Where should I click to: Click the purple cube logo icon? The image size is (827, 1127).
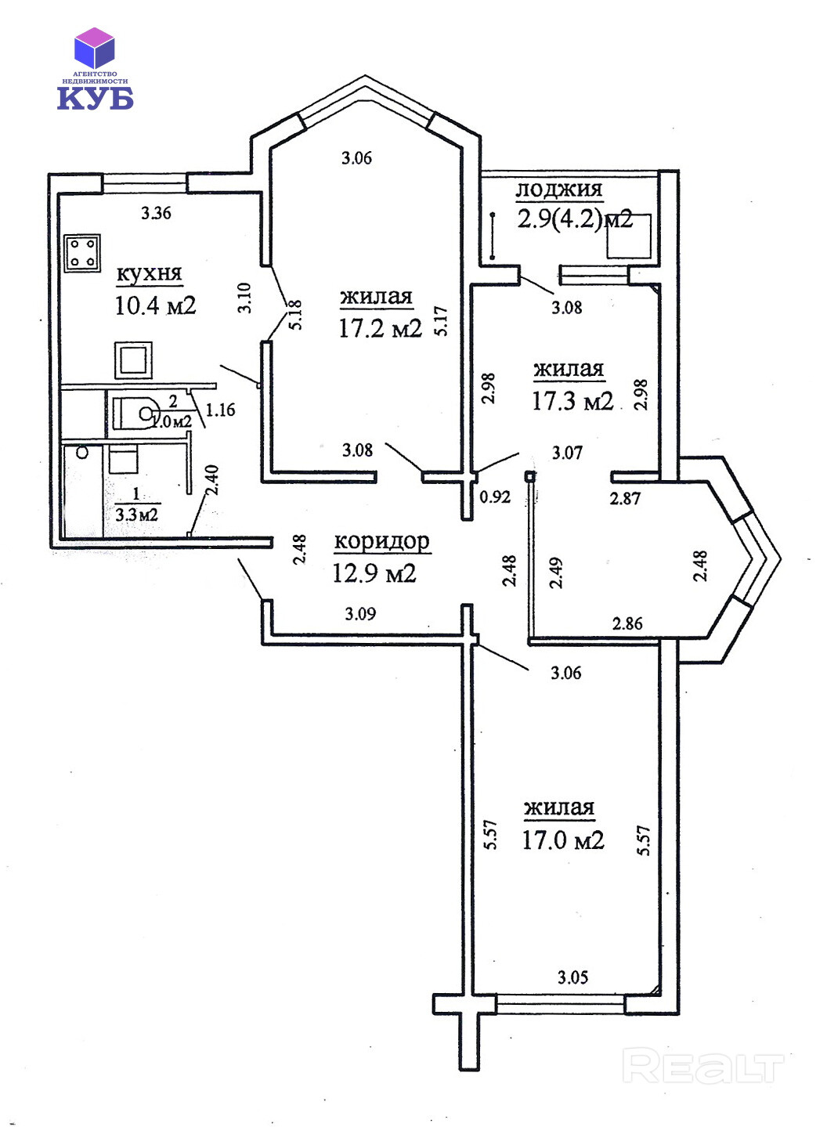pyautogui.click(x=94, y=47)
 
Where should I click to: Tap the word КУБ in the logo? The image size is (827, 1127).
pyautogui.click(x=95, y=97)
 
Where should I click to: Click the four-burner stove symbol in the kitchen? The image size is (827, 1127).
pyautogui.click(x=82, y=252)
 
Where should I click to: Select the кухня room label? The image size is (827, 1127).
pyautogui.click(x=149, y=273)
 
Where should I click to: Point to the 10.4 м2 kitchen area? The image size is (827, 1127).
pyautogui.click(x=155, y=305)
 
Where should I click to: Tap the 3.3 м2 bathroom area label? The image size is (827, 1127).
pyautogui.click(x=137, y=515)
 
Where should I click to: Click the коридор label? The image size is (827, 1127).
pyautogui.click(x=381, y=540)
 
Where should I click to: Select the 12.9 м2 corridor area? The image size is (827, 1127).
pyautogui.click(x=374, y=573)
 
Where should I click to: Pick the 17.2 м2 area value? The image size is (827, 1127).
pyautogui.click(x=380, y=327)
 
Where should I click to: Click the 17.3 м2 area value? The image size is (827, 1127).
pyautogui.click(x=572, y=401)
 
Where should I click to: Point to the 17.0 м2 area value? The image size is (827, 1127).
pyautogui.click(x=563, y=840)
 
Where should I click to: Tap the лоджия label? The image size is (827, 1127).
pyautogui.click(x=558, y=189)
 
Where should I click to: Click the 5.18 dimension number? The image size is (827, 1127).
pyautogui.click(x=295, y=315)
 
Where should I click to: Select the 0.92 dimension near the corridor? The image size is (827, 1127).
pyautogui.click(x=495, y=497)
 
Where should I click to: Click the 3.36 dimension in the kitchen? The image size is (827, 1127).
pyautogui.click(x=156, y=212)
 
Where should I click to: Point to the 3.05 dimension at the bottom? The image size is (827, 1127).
pyautogui.click(x=572, y=977)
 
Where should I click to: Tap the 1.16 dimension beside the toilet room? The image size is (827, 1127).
pyautogui.click(x=221, y=410)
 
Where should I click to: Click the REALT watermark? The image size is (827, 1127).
pyautogui.click(x=702, y=1067)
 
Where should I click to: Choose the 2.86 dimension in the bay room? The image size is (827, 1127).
pyautogui.click(x=627, y=623)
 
